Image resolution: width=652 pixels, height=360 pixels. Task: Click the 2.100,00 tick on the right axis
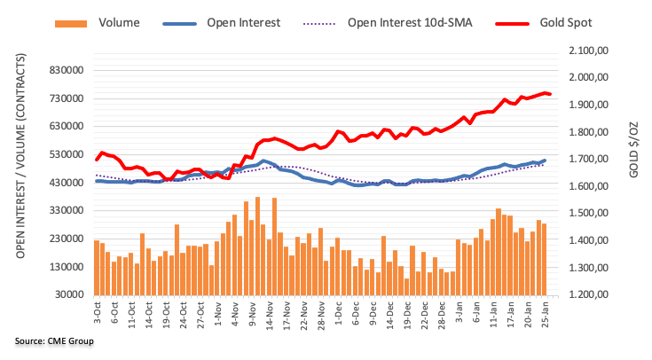coord(587,51)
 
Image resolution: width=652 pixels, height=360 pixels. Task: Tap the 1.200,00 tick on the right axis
coord(587,295)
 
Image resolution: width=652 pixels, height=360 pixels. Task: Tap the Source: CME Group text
coord(53,340)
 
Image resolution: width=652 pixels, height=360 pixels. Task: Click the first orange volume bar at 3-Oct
coord(96,267)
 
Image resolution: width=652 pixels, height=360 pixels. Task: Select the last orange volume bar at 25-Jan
coord(544,259)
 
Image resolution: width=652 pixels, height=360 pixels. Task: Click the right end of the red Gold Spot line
coord(550,94)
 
